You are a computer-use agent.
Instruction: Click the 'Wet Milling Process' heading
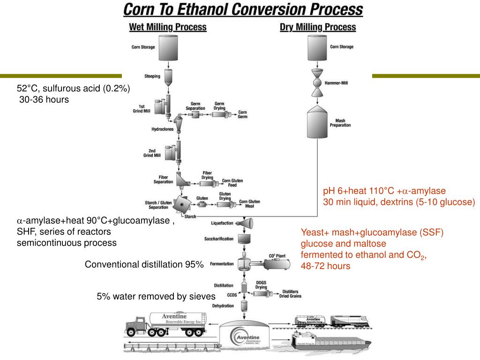coord(168,27)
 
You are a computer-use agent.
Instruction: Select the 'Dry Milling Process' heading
coord(318,27)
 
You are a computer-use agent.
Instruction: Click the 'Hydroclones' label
coord(163,129)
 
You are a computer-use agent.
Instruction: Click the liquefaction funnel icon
coord(245,224)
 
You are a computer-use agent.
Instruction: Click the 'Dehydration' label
coord(223,305)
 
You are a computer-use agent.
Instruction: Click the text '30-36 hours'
coord(44,99)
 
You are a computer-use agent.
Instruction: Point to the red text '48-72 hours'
coord(325,266)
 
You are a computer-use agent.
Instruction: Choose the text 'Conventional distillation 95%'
coord(144,264)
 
